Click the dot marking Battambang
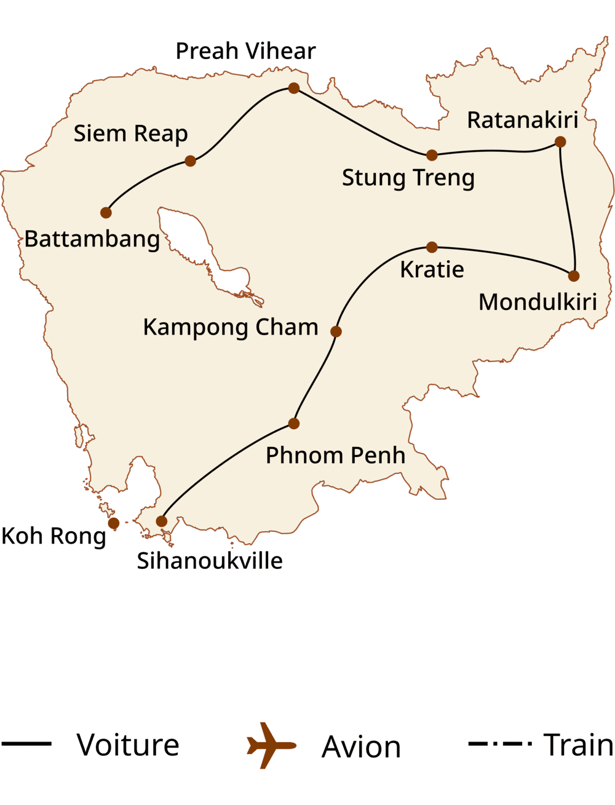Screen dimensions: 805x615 [x=106, y=213]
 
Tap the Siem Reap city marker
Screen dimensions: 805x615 [x=190, y=161]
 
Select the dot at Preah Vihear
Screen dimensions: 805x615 [x=294, y=88]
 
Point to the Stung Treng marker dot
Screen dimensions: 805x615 [x=432, y=155]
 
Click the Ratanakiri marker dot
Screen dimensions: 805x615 [x=560, y=142]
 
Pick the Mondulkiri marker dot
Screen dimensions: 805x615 [x=573, y=276]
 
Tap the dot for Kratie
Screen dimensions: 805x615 [x=432, y=247]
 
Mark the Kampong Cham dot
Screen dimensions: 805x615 [x=336, y=331]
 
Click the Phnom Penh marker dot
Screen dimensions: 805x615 [x=293, y=423]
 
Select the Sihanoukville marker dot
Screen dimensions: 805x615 [x=161, y=521]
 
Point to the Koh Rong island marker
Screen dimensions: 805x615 [x=114, y=523]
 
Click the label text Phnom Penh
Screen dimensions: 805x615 [x=335, y=456]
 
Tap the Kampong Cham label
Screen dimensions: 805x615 [x=231, y=327]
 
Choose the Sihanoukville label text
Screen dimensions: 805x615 [x=210, y=561]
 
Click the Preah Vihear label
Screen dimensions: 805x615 [x=245, y=51]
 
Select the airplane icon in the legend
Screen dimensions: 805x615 [x=271, y=745]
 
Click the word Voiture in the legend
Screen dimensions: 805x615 [x=128, y=745]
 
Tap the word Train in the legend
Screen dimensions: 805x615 [x=578, y=745]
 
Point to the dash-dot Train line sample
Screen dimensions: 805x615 [x=499, y=744]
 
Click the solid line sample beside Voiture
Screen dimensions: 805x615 [x=26, y=744]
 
